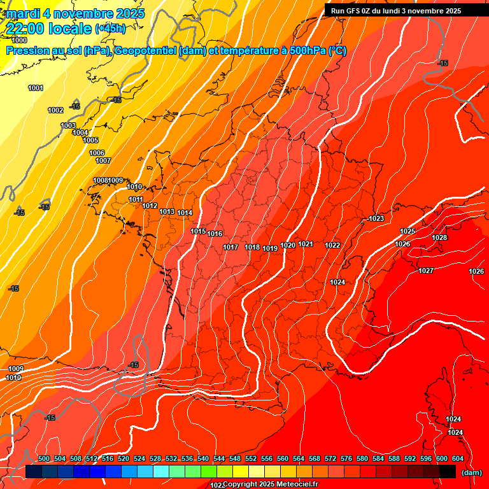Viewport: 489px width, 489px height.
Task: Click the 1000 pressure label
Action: pyautogui.click(x=19, y=40)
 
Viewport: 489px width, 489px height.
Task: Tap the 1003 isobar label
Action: pyautogui.click(x=68, y=125)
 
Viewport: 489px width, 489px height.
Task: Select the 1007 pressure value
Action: pyautogui.click(x=103, y=160)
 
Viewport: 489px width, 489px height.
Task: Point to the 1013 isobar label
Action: pyautogui.click(x=167, y=211)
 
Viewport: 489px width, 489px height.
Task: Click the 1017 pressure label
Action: pyautogui.click(x=230, y=247)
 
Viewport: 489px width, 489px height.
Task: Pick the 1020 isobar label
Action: pyautogui.click(x=288, y=245)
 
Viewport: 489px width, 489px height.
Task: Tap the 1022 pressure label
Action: pyautogui.click(x=332, y=245)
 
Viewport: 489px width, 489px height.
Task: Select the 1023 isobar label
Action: pyautogui.click(x=376, y=218)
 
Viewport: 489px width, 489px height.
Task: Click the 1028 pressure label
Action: pyautogui.click(x=439, y=237)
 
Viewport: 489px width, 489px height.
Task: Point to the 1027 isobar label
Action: pyautogui.click(x=426, y=271)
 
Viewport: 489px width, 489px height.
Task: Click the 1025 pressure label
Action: pyautogui.click(x=407, y=230)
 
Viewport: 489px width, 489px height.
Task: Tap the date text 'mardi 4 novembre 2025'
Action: pyautogui.click(x=76, y=13)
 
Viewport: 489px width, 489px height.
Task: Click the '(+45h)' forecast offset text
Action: pyautogui.click(x=110, y=29)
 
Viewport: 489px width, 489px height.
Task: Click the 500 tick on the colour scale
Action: pyautogui.click(x=44, y=458)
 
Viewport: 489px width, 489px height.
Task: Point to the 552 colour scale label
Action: pyautogui.click(x=251, y=458)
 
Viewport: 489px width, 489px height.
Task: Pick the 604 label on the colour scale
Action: pyautogui.click(x=458, y=458)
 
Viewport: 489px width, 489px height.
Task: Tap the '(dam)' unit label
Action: pyautogui.click(x=471, y=472)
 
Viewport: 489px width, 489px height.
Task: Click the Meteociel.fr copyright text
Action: pyautogui.click(x=270, y=485)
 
